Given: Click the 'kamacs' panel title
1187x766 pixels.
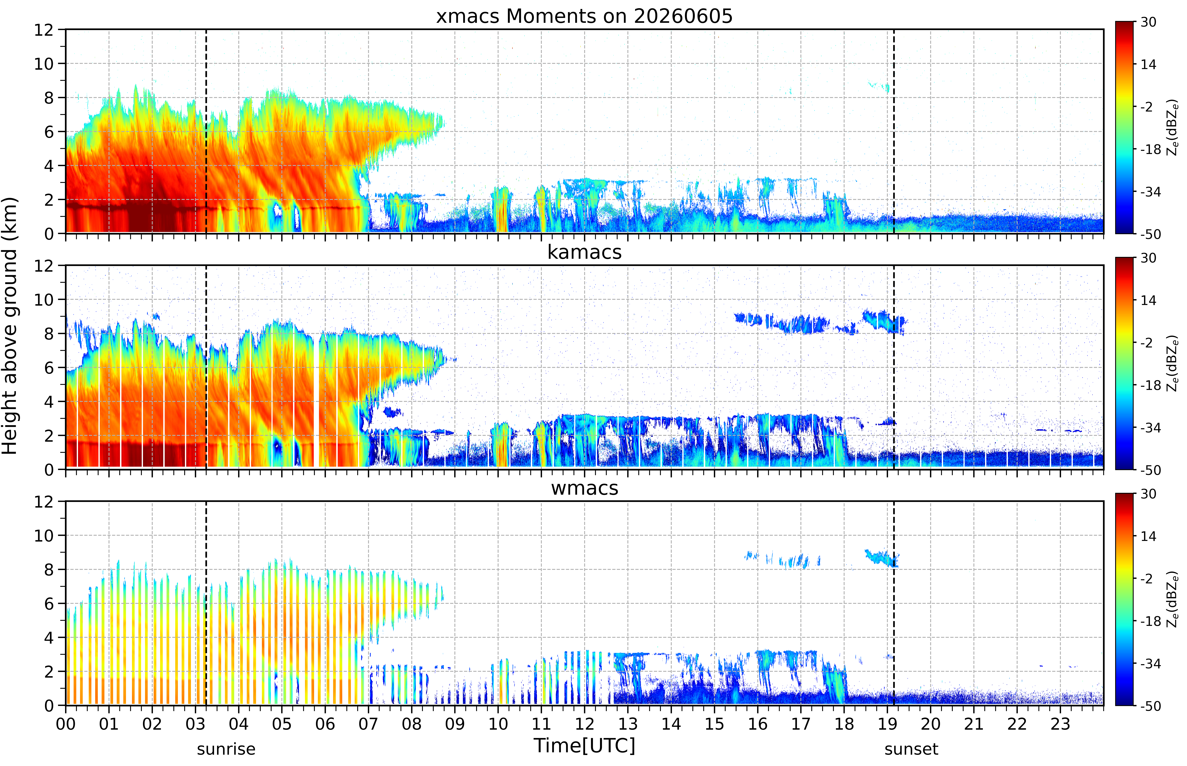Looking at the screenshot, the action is (584, 252).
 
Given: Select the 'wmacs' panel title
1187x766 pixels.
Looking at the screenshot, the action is (584, 488).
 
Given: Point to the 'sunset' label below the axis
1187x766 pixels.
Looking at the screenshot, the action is (911, 749).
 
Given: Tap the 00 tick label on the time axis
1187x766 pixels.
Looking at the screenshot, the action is (66, 724).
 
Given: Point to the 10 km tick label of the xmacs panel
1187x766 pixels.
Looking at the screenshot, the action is (44, 64).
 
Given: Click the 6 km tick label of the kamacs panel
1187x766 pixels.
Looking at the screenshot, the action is (49, 368).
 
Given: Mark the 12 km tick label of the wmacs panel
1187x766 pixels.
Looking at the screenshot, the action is (44, 501).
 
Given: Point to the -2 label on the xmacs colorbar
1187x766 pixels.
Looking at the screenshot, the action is (1147, 107).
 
